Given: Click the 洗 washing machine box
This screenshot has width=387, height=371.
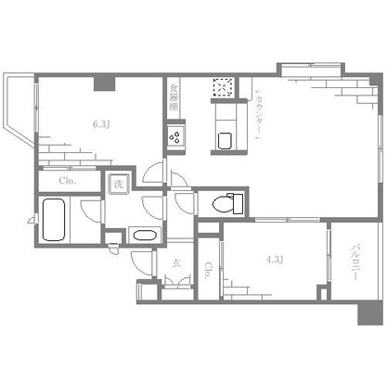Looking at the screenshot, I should pyautogui.click(x=119, y=183).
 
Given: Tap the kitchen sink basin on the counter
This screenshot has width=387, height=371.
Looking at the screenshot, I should pyautogui.click(x=224, y=140).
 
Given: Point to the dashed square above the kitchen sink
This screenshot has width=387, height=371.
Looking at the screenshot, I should pyautogui.click(x=223, y=88).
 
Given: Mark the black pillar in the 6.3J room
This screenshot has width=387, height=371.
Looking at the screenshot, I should pyautogui.click(x=104, y=83).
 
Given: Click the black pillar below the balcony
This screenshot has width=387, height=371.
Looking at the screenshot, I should pyautogui.click(x=369, y=313).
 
